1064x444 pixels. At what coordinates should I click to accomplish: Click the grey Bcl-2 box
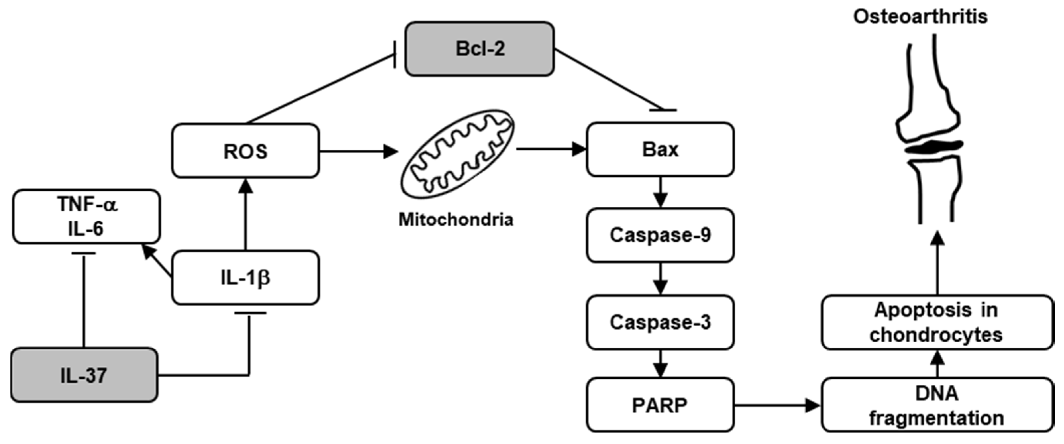[479, 49]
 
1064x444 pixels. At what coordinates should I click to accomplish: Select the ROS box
[245, 151]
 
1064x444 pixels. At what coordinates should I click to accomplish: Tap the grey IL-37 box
[84, 375]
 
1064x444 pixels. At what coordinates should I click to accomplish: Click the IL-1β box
[245, 278]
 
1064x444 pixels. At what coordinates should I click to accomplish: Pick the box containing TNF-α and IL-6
[86, 217]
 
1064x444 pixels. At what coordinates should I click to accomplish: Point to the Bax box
[660, 149]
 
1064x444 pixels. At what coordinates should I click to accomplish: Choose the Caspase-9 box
[660, 235]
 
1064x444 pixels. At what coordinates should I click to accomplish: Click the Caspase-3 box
[660, 322]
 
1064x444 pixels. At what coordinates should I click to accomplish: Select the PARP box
[660, 405]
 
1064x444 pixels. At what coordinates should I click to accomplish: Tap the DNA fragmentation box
[937, 405]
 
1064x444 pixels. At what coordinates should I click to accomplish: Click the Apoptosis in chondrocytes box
[937, 322]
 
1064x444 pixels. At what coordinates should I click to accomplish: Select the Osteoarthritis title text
[920, 17]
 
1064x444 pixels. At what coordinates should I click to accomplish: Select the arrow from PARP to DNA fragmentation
[776, 405]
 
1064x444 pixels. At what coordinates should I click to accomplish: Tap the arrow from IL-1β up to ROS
[246, 215]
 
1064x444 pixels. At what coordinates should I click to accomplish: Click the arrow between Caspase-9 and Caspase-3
[660, 279]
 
